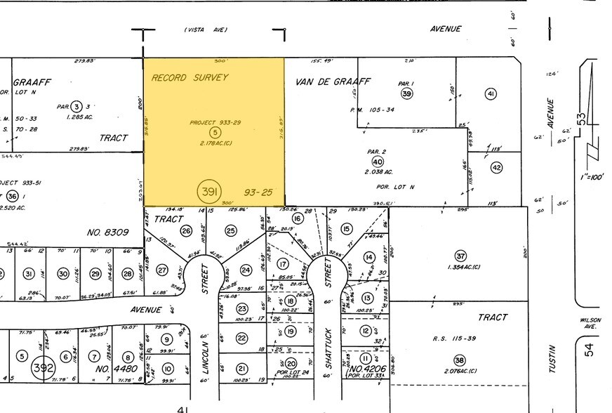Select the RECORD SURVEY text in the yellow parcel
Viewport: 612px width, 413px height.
[x=189, y=77]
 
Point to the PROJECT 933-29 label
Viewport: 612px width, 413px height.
[x=215, y=123]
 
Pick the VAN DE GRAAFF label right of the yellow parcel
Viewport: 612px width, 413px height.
[x=333, y=81]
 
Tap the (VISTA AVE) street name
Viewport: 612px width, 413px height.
[x=206, y=29]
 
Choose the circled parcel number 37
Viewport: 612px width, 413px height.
[x=460, y=256]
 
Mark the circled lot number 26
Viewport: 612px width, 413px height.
[x=186, y=230]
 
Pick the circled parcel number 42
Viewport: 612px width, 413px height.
[x=497, y=168]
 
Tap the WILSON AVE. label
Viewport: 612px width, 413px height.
[x=590, y=322]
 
